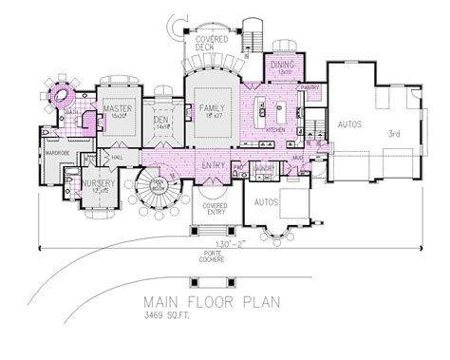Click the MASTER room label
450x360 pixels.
[117, 109]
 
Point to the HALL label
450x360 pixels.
[118, 158]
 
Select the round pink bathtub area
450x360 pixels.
[64, 95]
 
